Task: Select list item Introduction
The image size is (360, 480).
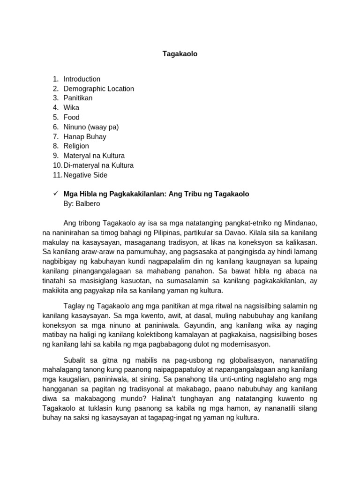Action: pyautogui.click(x=82, y=79)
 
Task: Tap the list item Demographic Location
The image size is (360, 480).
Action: pyautogui.click(x=98, y=89)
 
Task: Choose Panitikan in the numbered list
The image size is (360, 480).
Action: pyautogui.click(x=78, y=98)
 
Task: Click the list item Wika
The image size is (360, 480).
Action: pyautogui.click(x=71, y=108)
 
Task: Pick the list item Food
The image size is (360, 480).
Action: pyautogui.click(x=71, y=117)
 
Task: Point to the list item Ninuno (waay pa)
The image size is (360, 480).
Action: pyautogui.click(x=91, y=127)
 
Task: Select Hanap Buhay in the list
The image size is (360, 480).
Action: pyautogui.click(x=85, y=137)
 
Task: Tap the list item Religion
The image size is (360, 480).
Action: pyautogui.click(x=76, y=146)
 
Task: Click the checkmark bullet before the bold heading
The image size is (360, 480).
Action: pyautogui.click(x=55, y=194)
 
